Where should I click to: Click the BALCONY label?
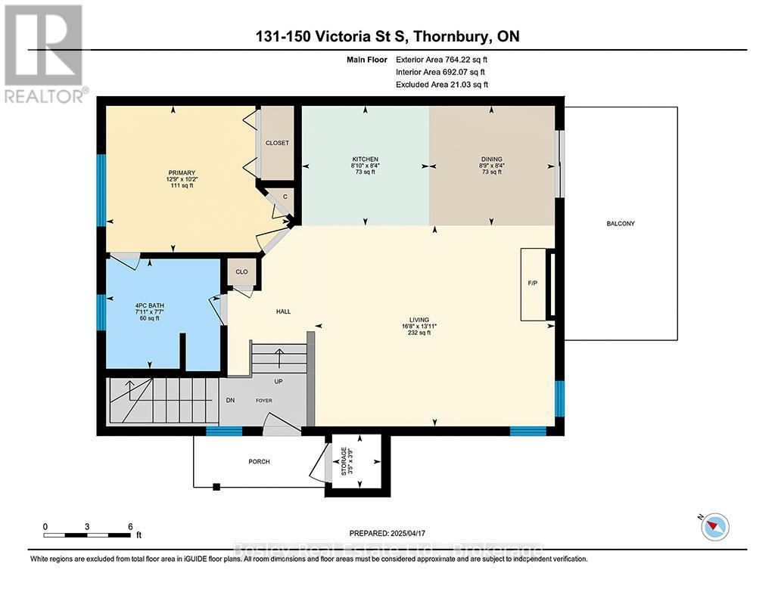[620, 224]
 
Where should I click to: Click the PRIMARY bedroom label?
[181, 173]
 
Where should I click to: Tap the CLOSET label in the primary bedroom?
[277, 143]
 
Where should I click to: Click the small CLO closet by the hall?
[241, 272]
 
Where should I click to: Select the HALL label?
[283, 311]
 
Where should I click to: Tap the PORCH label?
[259, 462]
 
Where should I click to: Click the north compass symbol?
[714, 525]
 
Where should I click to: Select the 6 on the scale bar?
[130, 526]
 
